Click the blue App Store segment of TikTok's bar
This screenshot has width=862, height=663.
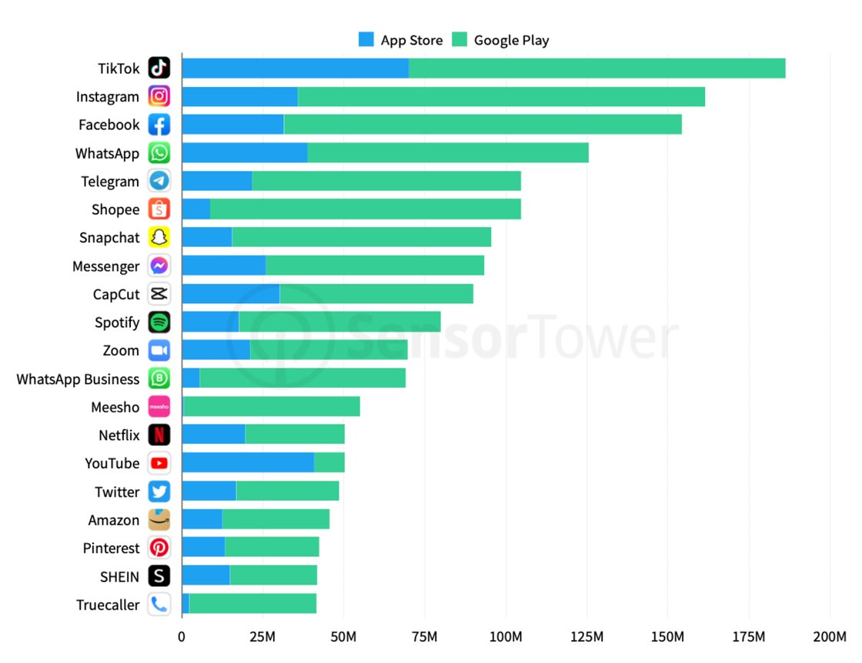click(x=295, y=68)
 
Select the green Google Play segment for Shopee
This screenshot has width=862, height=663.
click(x=366, y=209)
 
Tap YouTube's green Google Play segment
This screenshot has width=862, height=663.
click(x=329, y=463)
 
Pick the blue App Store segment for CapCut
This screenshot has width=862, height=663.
click(x=231, y=294)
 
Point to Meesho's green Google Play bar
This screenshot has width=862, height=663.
click(x=272, y=407)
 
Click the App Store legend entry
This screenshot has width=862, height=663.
click(x=401, y=40)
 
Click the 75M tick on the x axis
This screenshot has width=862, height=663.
click(x=425, y=638)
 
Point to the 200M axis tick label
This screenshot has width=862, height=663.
click(x=830, y=638)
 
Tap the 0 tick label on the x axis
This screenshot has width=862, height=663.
click(x=182, y=638)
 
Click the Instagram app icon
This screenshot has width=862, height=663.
click(x=159, y=96)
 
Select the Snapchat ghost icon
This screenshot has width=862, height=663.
click(x=159, y=238)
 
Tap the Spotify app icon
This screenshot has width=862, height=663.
click(x=159, y=322)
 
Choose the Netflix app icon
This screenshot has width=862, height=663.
click(x=159, y=435)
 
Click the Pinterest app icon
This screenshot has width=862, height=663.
click(x=159, y=548)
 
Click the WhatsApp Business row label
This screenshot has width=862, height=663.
click(x=78, y=379)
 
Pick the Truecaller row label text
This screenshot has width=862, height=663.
click(x=108, y=605)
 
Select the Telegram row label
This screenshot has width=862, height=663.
click(x=110, y=182)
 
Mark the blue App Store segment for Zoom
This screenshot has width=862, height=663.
click(x=216, y=350)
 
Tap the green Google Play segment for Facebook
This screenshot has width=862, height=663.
click(x=483, y=125)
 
